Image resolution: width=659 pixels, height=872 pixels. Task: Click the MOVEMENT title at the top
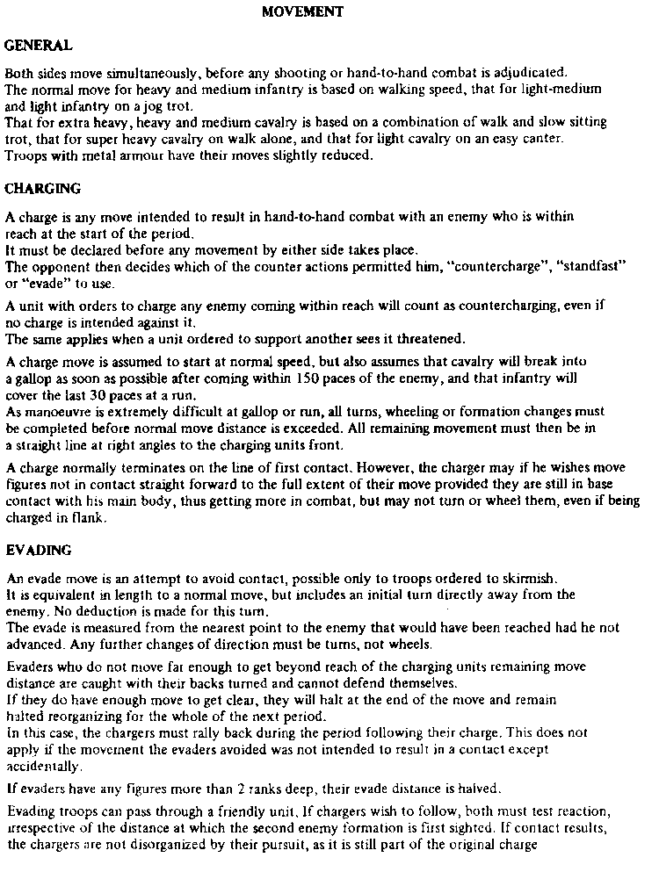tap(302, 12)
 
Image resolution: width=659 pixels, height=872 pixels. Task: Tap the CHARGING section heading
tap(43, 188)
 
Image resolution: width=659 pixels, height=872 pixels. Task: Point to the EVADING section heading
tap(39, 551)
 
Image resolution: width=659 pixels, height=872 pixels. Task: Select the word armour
tap(141, 156)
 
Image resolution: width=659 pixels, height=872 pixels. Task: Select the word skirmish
tap(533, 579)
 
